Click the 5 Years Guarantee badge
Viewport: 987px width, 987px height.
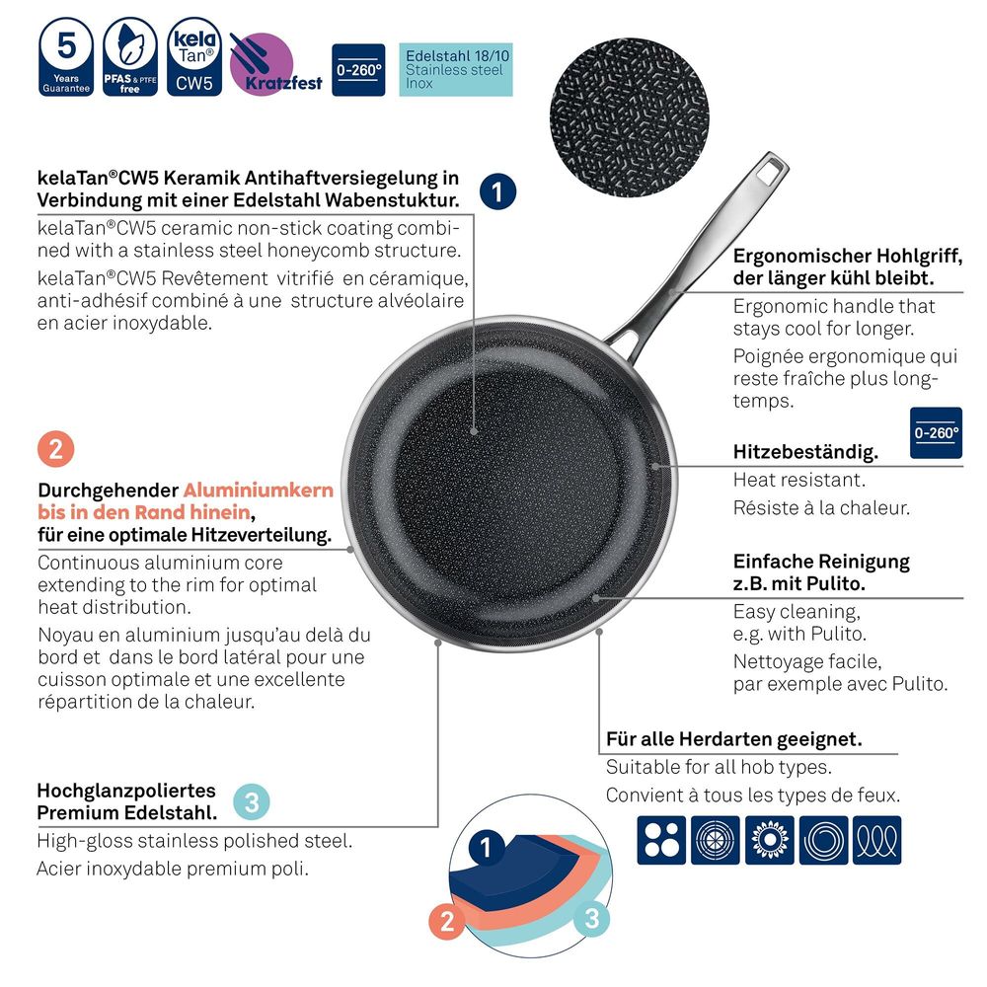(x=66, y=56)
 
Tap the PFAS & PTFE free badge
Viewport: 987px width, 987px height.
(x=130, y=56)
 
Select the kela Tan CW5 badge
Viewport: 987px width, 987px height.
(x=194, y=56)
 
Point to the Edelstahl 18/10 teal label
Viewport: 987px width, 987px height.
(x=456, y=70)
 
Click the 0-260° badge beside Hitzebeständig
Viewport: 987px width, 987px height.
(x=936, y=433)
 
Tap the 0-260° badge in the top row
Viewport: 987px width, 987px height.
(x=358, y=70)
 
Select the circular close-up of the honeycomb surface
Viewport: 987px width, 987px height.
(x=630, y=117)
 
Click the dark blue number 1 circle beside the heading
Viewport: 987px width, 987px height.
(x=497, y=192)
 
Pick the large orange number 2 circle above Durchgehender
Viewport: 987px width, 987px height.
(x=55, y=449)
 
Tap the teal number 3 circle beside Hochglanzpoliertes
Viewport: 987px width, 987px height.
(x=252, y=802)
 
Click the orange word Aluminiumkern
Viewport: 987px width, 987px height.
(x=258, y=490)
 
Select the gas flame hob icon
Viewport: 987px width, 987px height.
(x=769, y=840)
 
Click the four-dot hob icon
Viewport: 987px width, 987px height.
(x=661, y=840)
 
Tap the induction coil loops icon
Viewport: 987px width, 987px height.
(x=877, y=840)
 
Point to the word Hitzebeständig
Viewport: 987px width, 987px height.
(x=805, y=452)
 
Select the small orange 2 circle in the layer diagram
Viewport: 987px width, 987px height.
(x=447, y=922)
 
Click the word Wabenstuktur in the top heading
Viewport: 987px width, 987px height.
(x=393, y=200)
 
